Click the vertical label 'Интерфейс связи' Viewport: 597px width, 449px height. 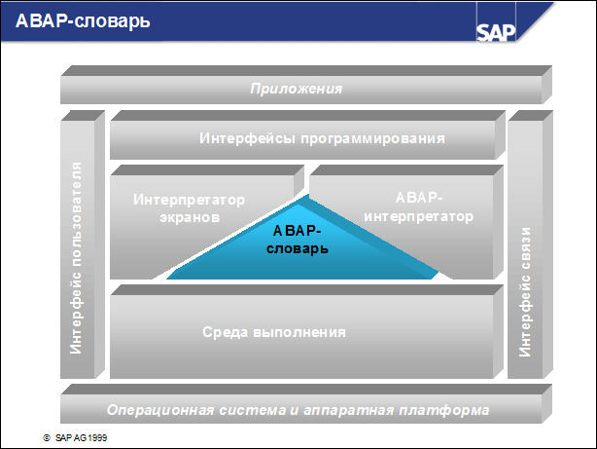click(x=525, y=292)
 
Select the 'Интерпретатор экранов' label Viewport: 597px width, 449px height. click(x=189, y=207)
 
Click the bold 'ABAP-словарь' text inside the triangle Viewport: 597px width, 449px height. click(x=298, y=240)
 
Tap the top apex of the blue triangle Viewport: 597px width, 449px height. click(x=309, y=196)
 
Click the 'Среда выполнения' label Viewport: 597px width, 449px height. click(x=274, y=332)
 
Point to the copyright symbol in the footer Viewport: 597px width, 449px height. click(x=46, y=438)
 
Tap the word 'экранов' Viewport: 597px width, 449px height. click(x=189, y=216)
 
